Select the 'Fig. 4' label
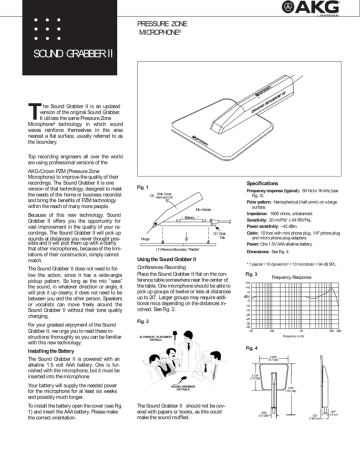(x=254, y=374)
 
